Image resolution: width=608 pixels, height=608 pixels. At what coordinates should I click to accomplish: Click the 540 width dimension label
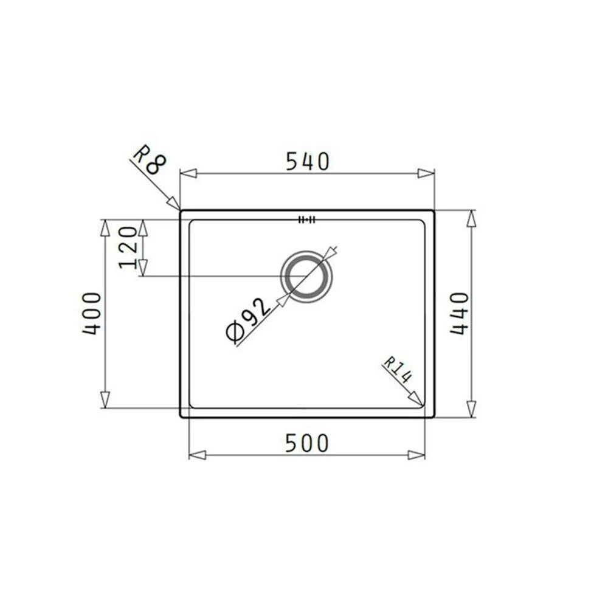[307, 161]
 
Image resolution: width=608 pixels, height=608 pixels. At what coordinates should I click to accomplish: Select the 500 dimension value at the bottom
[307, 443]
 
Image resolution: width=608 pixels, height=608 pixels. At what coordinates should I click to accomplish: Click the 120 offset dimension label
[128, 247]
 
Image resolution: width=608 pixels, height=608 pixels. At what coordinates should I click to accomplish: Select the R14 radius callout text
[398, 369]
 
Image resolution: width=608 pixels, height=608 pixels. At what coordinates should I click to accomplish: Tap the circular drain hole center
[306, 277]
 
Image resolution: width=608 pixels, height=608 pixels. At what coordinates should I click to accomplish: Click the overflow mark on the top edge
[306, 220]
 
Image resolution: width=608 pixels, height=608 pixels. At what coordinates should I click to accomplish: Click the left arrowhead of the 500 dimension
[198, 455]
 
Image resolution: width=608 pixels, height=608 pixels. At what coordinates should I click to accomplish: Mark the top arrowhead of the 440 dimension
[471, 218]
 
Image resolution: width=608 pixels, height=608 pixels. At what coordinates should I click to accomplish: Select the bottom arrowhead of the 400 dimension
[105, 399]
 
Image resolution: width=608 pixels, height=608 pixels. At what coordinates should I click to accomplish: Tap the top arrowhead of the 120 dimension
[143, 227]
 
